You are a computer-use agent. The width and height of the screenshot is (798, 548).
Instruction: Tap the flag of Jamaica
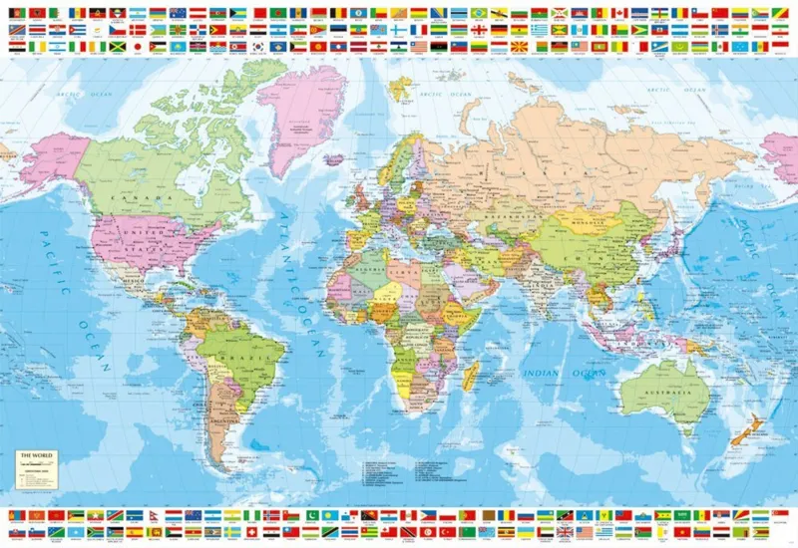pos(118,46)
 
